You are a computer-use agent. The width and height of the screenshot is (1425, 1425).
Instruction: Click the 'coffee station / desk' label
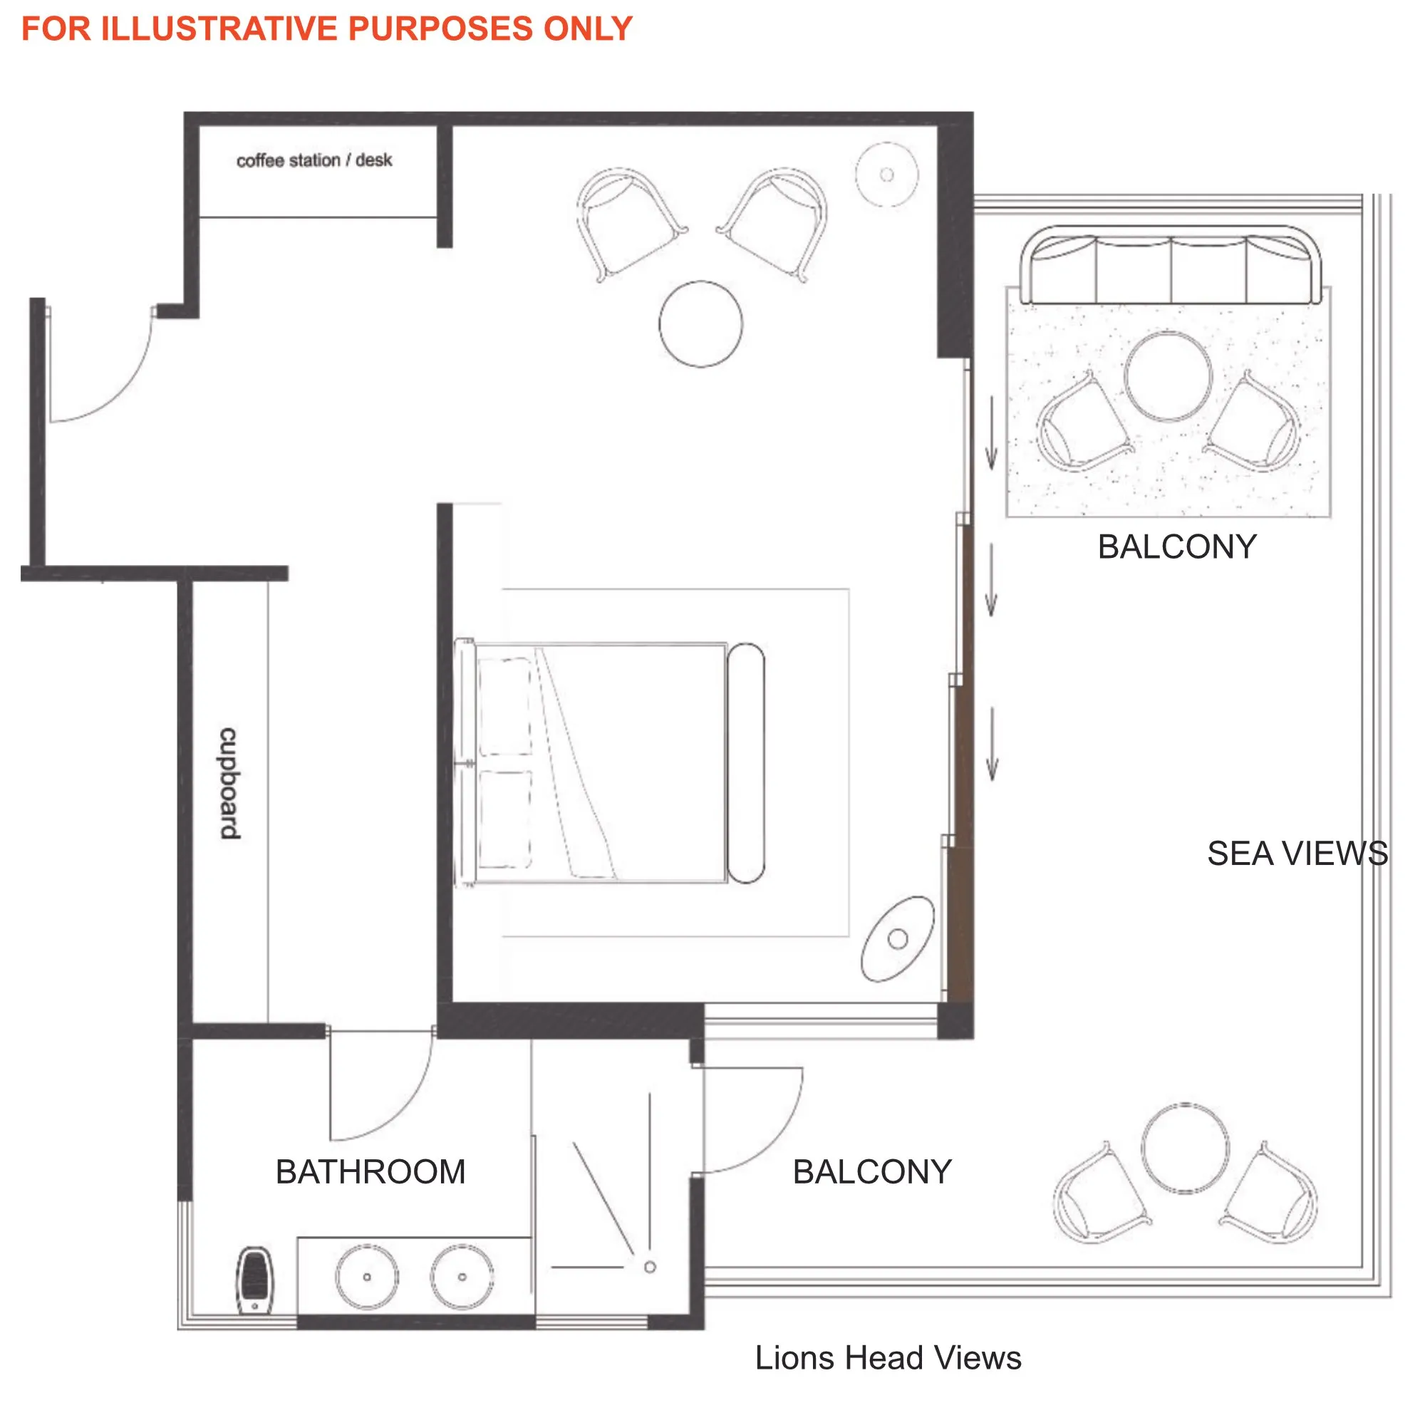click(x=313, y=160)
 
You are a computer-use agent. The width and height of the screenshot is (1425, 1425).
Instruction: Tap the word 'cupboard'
click(x=229, y=783)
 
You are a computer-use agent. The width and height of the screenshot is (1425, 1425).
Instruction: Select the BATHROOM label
click(x=370, y=1171)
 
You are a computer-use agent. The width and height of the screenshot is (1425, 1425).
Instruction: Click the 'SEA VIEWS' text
click(x=1297, y=854)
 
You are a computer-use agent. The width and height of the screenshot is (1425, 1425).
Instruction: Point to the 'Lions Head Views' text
click(x=887, y=1358)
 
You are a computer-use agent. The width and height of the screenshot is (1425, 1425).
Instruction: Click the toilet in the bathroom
click(x=254, y=1280)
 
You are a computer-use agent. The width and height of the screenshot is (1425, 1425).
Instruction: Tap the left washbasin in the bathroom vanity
click(x=366, y=1276)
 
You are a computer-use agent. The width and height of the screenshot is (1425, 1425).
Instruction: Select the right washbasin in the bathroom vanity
click(x=462, y=1276)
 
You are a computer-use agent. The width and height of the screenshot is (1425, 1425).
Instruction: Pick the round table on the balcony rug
click(x=1168, y=376)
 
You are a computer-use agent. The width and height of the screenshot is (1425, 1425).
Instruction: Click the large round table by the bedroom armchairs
click(x=700, y=323)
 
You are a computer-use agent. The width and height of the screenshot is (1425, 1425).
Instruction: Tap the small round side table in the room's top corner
click(x=886, y=175)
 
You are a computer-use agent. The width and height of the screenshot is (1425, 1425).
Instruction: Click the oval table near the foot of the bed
click(x=898, y=938)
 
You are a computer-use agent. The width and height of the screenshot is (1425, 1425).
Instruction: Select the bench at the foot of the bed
click(x=746, y=762)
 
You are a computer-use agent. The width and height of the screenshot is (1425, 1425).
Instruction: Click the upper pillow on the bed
click(x=505, y=707)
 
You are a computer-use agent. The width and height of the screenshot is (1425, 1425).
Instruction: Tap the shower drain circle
click(x=650, y=1267)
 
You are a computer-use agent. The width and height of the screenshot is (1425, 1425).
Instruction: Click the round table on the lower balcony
click(x=1186, y=1148)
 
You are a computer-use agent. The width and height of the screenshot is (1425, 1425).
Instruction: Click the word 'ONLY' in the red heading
click(x=588, y=28)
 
